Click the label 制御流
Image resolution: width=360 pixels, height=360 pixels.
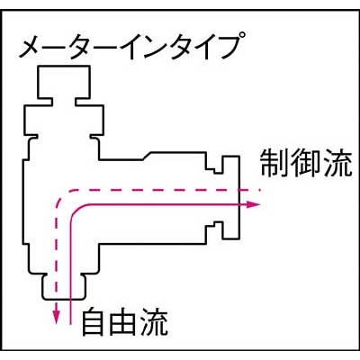[x=306, y=164]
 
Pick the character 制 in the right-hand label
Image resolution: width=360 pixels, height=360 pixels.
[x=274, y=164]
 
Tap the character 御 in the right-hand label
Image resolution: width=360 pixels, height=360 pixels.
[x=305, y=164]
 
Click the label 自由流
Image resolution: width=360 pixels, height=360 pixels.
[x=124, y=322]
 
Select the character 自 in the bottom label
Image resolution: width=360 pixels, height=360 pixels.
[x=94, y=322]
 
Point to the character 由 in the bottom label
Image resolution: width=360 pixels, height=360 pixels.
[x=123, y=323]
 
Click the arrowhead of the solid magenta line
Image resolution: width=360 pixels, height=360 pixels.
[x=253, y=204]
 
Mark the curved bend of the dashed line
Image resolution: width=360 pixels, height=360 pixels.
[x=61, y=195]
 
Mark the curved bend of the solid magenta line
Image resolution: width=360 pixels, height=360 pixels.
[x=75, y=210]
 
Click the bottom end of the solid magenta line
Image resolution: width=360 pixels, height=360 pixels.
[x=70, y=324]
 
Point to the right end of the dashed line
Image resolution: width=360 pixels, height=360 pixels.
[x=262, y=190]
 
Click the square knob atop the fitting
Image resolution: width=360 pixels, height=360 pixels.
[x=64, y=82]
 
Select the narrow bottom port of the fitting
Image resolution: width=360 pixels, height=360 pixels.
[x=65, y=287]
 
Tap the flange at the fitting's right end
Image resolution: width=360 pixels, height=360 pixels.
[x=231, y=197]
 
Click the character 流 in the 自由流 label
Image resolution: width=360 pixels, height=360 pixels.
[x=154, y=322]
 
